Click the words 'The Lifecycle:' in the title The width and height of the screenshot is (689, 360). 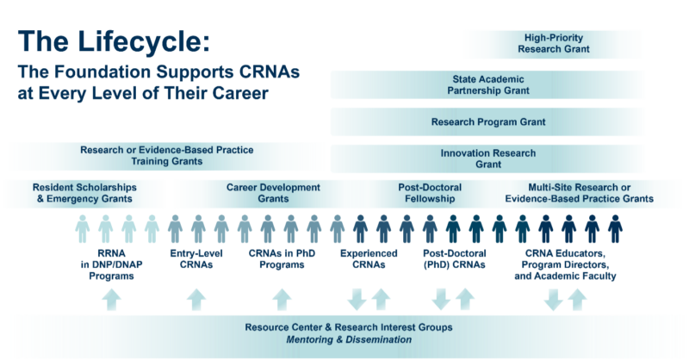point(113,42)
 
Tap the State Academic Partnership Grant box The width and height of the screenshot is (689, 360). point(487,84)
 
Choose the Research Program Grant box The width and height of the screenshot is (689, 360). point(487,122)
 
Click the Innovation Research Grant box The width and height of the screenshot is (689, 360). point(487,158)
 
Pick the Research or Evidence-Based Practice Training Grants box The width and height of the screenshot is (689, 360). point(166,156)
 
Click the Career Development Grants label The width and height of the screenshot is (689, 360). point(273,194)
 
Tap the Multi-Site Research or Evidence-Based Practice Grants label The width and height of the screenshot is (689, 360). point(578,194)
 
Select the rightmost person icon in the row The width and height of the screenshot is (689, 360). point(614,228)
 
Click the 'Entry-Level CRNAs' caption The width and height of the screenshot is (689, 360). point(196,261)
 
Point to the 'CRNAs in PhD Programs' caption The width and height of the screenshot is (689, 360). point(282,261)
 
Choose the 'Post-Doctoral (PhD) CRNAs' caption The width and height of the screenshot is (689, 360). point(454,261)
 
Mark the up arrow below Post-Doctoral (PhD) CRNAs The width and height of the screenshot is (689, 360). point(466,298)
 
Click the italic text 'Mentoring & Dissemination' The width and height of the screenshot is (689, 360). point(348,340)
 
